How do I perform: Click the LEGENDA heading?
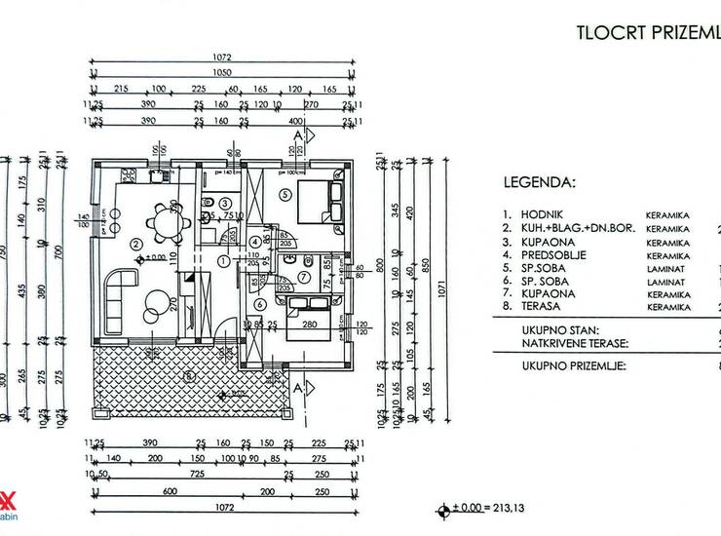539,181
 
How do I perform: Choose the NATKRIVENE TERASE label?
567,343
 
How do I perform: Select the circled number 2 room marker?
137,244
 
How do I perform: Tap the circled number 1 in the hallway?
223,260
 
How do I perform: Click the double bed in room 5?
321,201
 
